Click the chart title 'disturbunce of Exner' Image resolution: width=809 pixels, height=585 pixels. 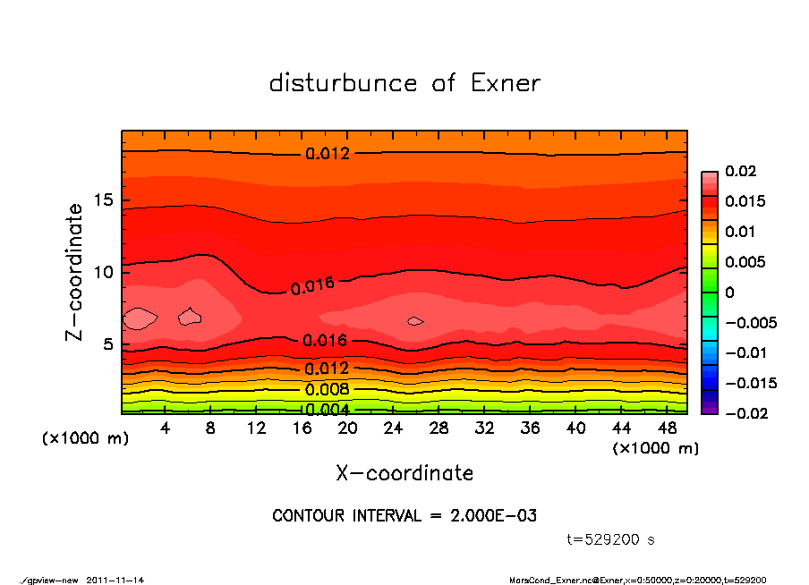(x=404, y=84)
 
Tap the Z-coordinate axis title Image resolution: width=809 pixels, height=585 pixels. (x=75, y=271)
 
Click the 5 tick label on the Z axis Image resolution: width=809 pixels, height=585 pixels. (x=109, y=344)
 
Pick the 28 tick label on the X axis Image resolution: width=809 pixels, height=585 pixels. (x=439, y=428)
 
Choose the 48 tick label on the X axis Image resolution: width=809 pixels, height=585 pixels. (x=668, y=428)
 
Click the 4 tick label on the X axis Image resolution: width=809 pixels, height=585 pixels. (x=166, y=428)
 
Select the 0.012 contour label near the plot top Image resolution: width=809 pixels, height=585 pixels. (x=328, y=154)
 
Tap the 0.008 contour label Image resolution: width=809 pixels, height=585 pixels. (x=327, y=390)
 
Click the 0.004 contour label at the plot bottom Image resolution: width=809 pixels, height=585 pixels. (x=327, y=410)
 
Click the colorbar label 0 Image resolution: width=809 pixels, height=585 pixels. (x=729, y=292)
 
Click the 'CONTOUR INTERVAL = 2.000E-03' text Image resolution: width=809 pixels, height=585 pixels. (x=404, y=516)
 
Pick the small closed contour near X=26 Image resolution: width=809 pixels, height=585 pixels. (x=415, y=320)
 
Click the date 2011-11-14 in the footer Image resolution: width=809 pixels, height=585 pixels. (x=115, y=580)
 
